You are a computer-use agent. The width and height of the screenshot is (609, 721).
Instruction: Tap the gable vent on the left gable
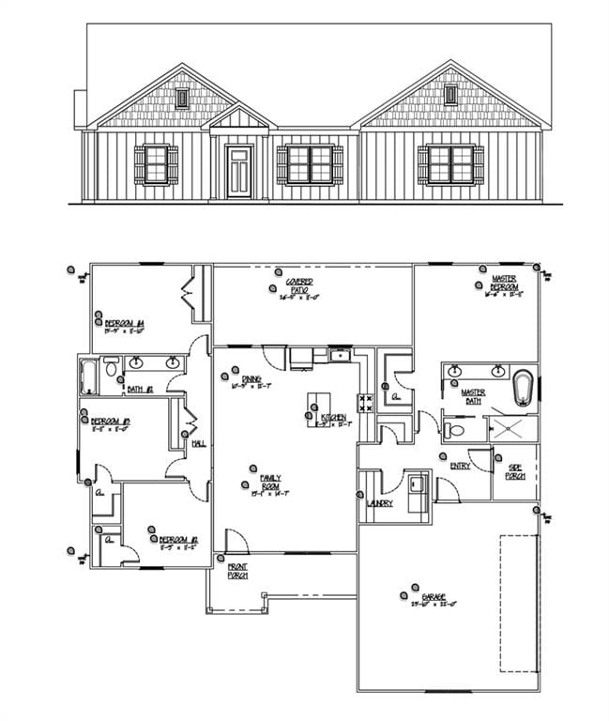(x=182, y=97)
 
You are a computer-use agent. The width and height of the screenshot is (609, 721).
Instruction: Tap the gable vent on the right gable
(x=451, y=94)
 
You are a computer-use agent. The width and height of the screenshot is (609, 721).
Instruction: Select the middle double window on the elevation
(x=310, y=163)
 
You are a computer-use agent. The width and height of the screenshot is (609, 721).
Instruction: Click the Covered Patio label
(x=300, y=288)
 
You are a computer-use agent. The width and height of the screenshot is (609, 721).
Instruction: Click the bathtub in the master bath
(x=524, y=388)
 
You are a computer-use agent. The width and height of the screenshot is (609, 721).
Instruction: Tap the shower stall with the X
(x=511, y=428)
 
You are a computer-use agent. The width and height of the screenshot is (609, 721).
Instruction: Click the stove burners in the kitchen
(x=366, y=404)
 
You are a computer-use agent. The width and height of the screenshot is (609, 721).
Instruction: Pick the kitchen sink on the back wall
(x=341, y=355)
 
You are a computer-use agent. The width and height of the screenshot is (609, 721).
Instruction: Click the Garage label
(x=434, y=598)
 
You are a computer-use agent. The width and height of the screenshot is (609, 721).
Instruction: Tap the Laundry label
(x=380, y=504)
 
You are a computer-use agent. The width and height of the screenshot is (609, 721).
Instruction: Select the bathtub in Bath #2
(x=88, y=375)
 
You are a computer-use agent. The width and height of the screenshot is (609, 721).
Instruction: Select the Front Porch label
(x=237, y=572)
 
